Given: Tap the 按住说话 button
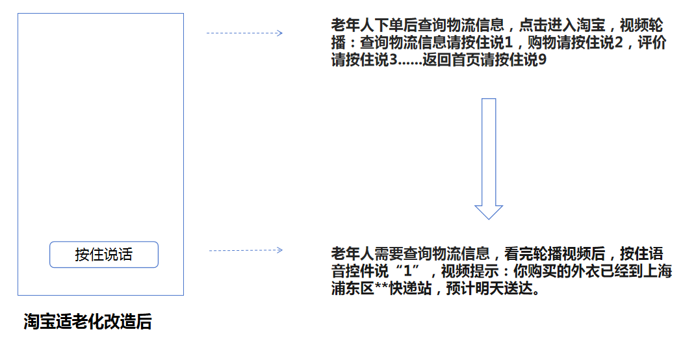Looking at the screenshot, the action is click(104, 255).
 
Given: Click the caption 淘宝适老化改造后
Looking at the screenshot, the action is click(88, 322).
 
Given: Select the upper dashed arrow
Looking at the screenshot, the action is click(244, 33).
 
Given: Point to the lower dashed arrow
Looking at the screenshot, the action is click(246, 250).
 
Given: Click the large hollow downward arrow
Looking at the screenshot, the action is click(489, 159).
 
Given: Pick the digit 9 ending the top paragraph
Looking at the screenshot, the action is click(541, 60).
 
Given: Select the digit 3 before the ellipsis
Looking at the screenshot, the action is click(393, 60).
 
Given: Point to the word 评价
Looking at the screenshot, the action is click(652, 43).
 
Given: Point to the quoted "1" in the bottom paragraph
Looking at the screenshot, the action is click(407, 271).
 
